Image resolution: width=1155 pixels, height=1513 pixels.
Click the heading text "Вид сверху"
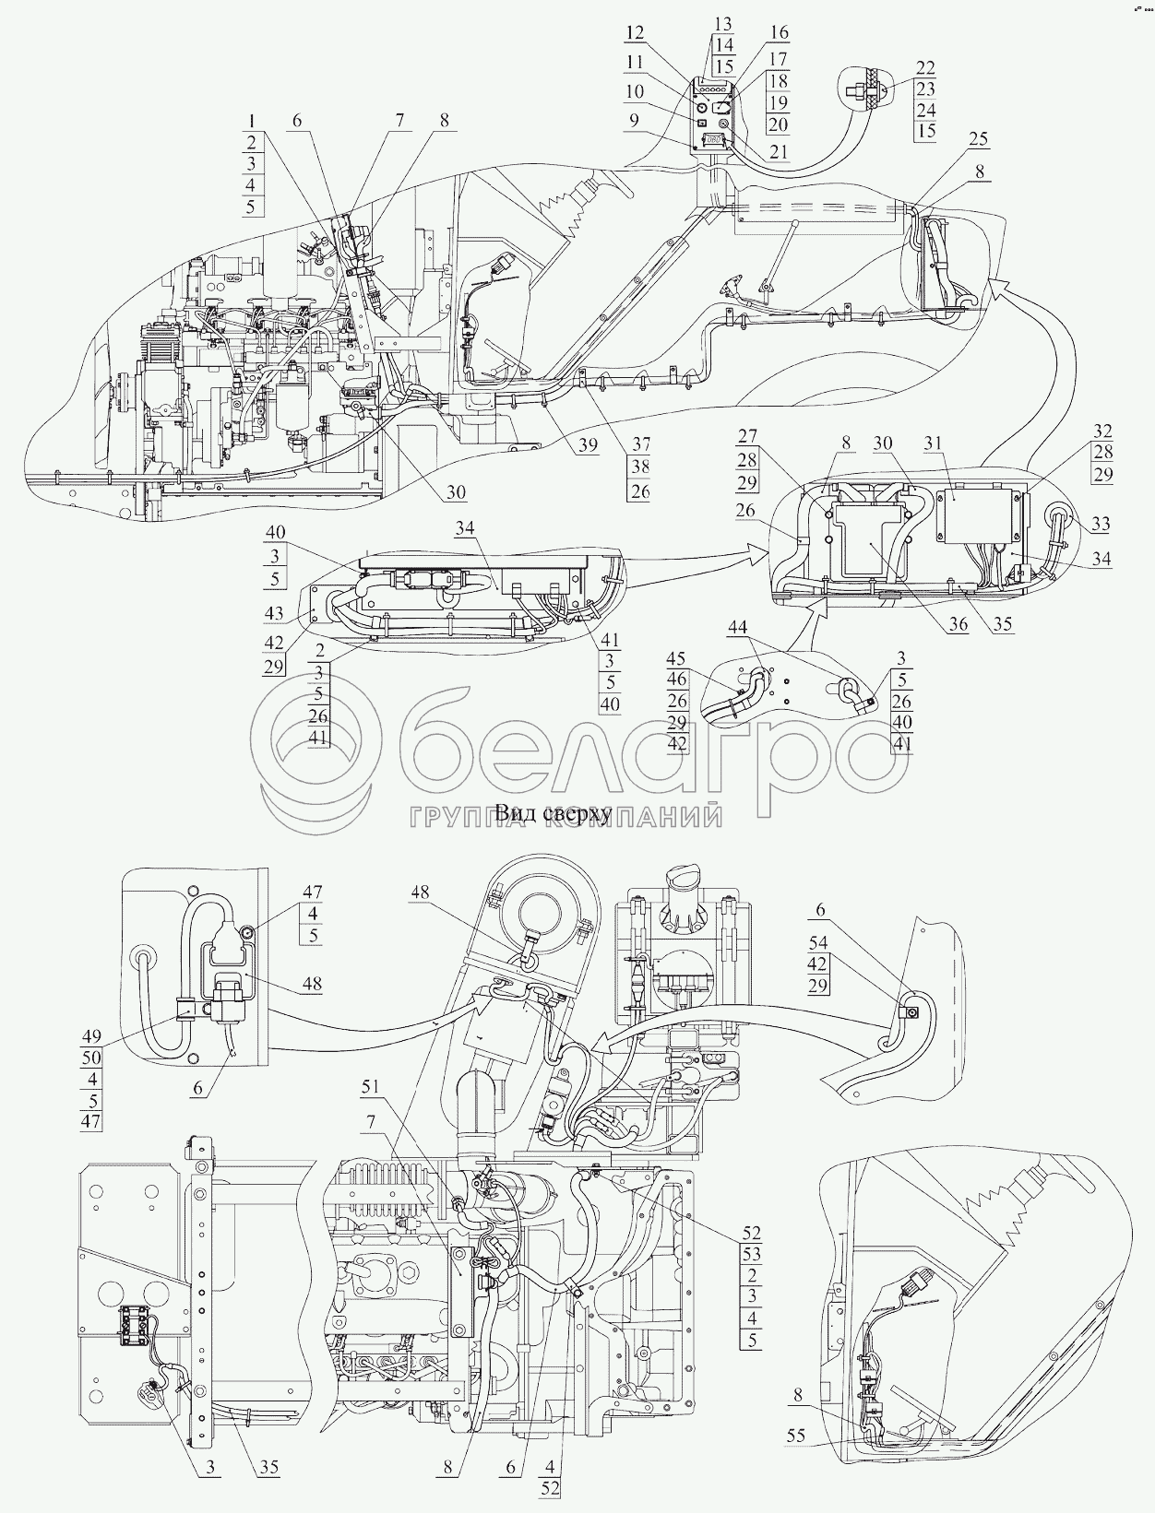[x=554, y=814]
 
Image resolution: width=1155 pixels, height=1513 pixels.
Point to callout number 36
[x=959, y=624]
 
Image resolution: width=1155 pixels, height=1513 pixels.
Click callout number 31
[x=933, y=443]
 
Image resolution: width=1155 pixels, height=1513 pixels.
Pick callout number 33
[x=1101, y=524]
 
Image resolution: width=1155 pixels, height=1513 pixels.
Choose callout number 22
[x=925, y=67]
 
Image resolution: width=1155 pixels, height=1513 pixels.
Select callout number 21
[x=779, y=151]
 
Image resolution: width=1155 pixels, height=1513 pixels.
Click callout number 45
[x=676, y=656]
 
